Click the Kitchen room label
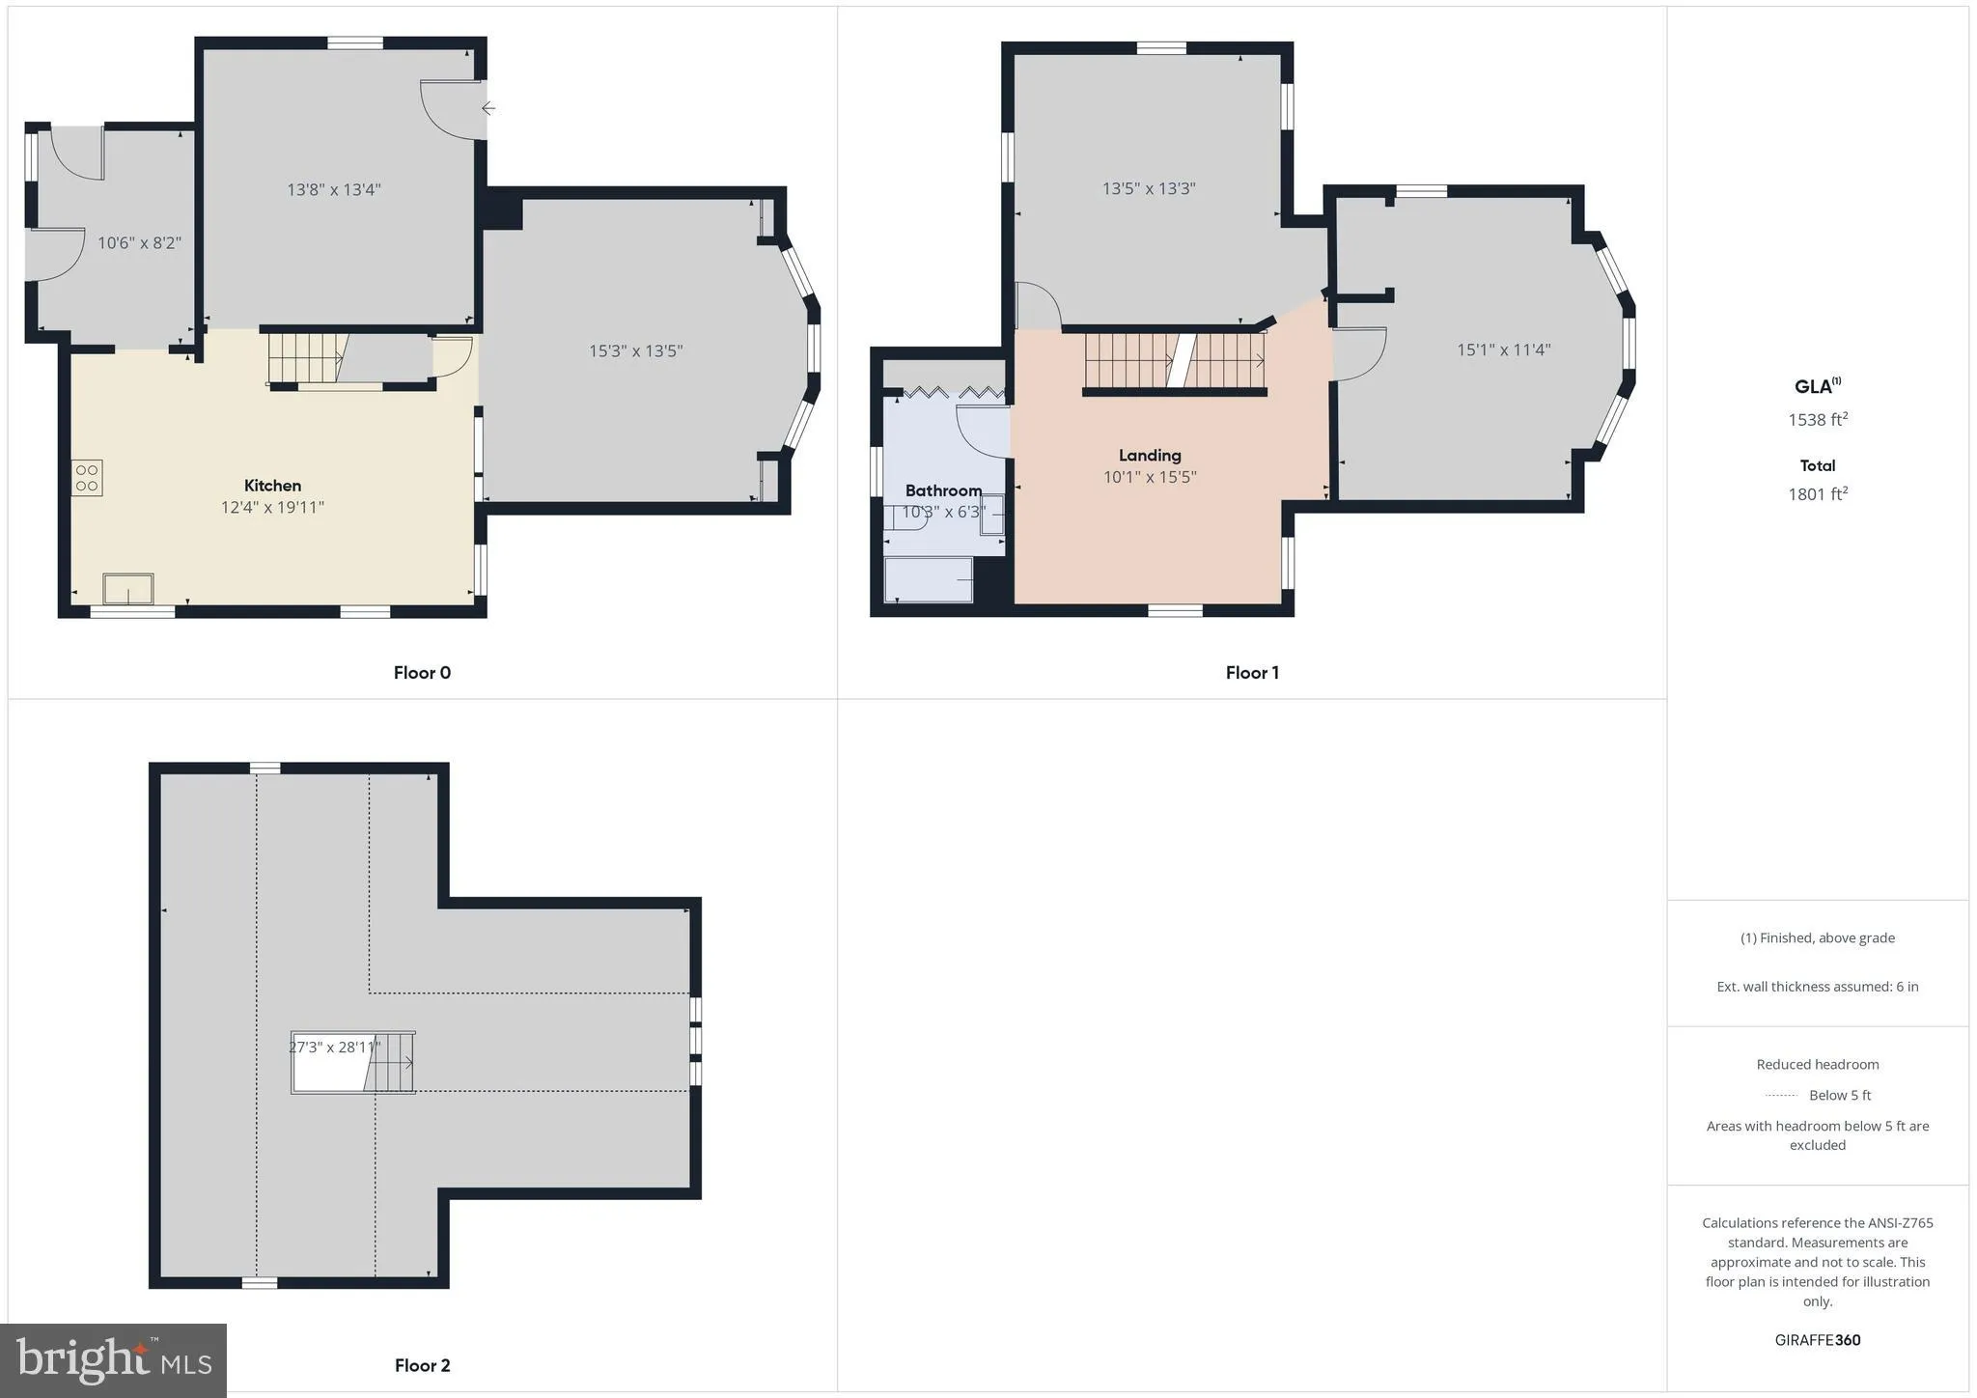[x=272, y=486]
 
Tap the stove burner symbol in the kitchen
[x=87, y=478]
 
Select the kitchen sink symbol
[x=128, y=588]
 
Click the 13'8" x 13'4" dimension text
[x=334, y=189]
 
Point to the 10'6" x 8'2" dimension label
[x=139, y=242]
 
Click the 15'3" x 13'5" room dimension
[x=636, y=350]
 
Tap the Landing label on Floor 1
[x=1150, y=455]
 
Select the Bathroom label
[x=943, y=490]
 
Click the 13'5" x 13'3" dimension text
[x=1149, y=188]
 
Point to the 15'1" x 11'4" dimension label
[x=1503, y=349]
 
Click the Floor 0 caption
[x=422, y=673]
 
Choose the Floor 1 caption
[x=1252, y=673]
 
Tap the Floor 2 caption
[x=422, y=1365]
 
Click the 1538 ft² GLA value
[x=1818, y=419]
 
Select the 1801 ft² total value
[x=1818, y=494]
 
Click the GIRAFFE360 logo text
[x=1818, y=1340]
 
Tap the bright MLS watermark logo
[x=114, y=1360]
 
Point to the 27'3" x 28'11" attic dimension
[x=335, y=1047]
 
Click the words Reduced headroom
[x=1818, y=1065]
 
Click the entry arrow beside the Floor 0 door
[x=488, y=108]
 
